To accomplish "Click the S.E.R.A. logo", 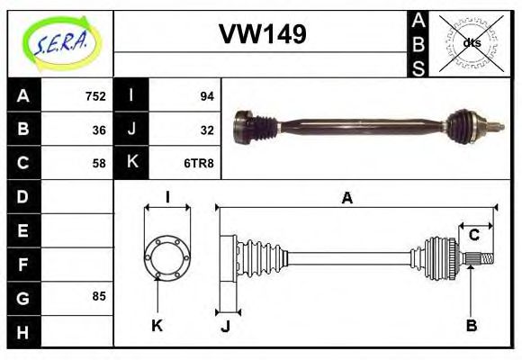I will coord(59,43).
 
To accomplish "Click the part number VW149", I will coord(263,34).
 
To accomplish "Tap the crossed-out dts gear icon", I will coord(471,42).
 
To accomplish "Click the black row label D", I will coord(23,196).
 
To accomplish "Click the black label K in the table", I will coord(131,163).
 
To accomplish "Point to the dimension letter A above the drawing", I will coord(346,198).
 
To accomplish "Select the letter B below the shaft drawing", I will coord(471,325).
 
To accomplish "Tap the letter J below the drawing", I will coord(225,326).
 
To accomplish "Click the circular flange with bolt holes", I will coord(166,256).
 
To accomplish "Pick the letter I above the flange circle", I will coord(167,198).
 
